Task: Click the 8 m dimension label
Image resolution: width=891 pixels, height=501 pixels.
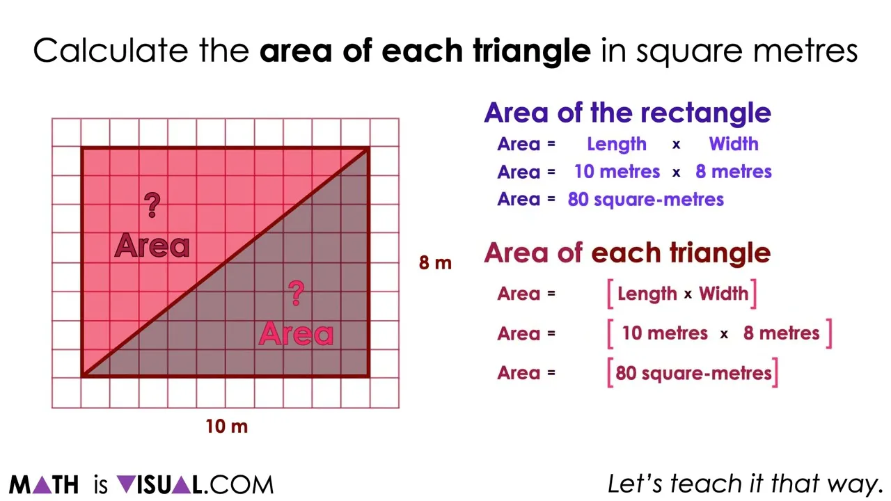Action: [x=435, y=263]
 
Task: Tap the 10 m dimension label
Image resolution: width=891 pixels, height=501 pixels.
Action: [x=226, y=426]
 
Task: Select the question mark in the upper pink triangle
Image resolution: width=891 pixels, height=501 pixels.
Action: [x=152, y=205]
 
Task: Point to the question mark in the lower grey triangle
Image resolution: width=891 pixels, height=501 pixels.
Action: [x=297, y=293]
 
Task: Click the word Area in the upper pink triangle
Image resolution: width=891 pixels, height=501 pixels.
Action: [x=152, y=246]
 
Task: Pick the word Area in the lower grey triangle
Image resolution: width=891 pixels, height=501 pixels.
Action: [x=297, y=334]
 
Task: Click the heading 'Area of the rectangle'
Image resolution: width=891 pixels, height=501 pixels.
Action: [x=627, y=113]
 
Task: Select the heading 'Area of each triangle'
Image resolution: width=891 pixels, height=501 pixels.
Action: [x=627, y=253]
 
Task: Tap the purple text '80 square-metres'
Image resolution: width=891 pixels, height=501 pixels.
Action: [x=646, y=200]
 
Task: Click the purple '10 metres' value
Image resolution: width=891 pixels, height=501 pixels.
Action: [x=617, y=172]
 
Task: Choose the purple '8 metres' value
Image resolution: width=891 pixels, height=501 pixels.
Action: [x=734, y=172]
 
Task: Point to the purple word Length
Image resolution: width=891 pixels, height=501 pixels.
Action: [x=617, y=144]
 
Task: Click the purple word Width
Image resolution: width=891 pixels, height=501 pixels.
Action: [x=734, y=144]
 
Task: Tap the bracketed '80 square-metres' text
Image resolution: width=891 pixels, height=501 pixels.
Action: [x=693, y=373]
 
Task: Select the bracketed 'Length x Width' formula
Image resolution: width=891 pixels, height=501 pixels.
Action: [x=682, y=294]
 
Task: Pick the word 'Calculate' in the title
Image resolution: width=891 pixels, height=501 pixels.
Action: [x=111, y=51]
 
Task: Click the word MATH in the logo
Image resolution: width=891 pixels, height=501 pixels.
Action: [x=44, y=484]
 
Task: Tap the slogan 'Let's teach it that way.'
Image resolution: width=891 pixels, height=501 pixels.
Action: [x=745, y=484]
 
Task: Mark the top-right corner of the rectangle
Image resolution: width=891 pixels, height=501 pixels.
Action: [x=368, y=148]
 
